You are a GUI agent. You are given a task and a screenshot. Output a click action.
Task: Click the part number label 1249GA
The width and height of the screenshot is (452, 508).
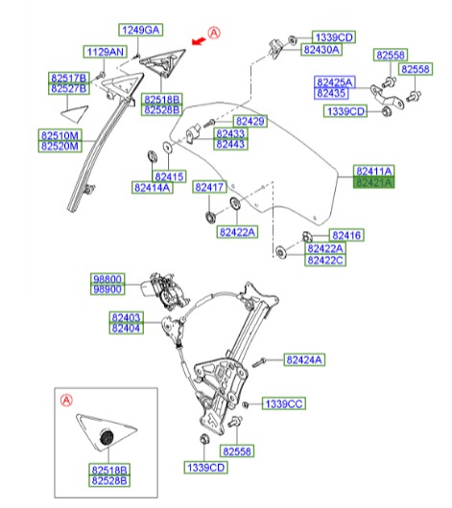point(140,30)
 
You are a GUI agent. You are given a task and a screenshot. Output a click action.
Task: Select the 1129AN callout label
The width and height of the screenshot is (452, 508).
point(106,52)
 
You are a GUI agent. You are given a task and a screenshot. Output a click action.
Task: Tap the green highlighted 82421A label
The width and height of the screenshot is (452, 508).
point(374,182)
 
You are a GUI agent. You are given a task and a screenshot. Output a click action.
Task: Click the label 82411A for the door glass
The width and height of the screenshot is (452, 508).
point(374,171)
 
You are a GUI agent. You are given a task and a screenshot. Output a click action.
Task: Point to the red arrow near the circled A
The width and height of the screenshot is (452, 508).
point(199,41)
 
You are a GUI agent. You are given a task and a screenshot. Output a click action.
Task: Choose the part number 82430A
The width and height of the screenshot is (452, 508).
point(321,50)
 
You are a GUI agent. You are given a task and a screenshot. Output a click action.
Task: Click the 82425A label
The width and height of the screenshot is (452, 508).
point(335,82)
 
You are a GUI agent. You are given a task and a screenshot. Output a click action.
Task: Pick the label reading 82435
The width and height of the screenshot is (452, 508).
point(331,93)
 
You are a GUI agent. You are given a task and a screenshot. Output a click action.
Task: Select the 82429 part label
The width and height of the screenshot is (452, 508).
point(250,121)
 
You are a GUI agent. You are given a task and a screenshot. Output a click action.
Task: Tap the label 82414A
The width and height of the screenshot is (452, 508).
point(153,188)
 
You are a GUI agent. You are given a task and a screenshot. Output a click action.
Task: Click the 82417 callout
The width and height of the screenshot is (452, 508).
point(209,187)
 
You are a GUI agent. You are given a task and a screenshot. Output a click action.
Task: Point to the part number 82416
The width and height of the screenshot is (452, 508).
point(346,235)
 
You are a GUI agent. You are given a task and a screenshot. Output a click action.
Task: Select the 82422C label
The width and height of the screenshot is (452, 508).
point(325,260)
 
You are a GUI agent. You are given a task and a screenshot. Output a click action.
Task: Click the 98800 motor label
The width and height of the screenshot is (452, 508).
point(107,279)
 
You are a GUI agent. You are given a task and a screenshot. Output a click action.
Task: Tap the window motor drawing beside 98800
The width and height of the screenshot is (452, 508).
point(164,289)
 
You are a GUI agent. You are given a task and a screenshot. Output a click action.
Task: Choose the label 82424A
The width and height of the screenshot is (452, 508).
point(304,359)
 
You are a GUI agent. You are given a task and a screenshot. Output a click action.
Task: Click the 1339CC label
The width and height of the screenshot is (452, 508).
point(284,404)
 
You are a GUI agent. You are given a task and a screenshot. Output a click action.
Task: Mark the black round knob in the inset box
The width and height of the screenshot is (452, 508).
point(107,437)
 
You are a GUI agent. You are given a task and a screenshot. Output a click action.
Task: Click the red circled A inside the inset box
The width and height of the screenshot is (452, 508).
point(66,401)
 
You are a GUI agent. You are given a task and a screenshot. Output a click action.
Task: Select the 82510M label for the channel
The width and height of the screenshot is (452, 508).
point(59,135)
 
